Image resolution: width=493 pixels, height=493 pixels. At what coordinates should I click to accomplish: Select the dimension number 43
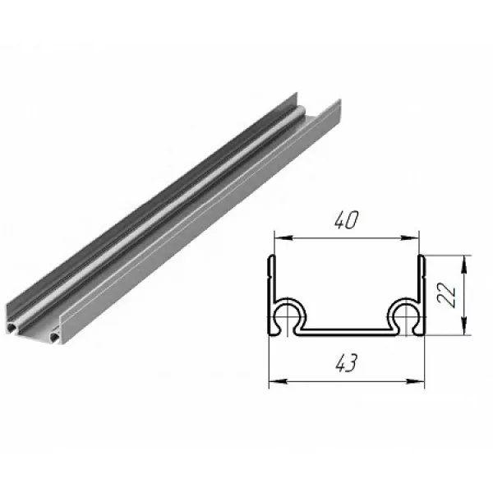point(346,362)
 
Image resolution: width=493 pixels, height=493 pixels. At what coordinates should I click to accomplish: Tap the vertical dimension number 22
point(447,294)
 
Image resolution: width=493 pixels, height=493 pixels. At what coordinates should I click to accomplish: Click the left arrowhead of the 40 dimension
point(282,238)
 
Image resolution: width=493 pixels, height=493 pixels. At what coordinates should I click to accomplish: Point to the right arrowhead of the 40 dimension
point(411,238)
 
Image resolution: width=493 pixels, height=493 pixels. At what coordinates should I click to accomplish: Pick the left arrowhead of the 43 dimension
point(278,381)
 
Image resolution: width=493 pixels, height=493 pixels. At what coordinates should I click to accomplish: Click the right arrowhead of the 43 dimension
point(416,381)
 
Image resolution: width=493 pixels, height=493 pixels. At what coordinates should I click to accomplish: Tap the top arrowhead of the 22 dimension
point(464,264)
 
